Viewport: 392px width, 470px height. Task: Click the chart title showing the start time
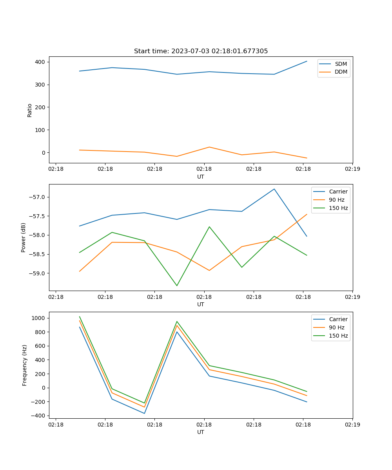[x=201, y=51]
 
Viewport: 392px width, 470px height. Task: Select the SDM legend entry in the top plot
[x=341, y=64]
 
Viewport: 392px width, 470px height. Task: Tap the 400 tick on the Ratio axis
[x=40, y=62]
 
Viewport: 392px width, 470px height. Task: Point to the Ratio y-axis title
[x=30, y=110]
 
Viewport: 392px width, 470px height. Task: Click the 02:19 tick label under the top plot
[x=352, y=169]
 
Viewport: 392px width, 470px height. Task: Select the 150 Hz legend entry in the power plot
[x=338, y=208]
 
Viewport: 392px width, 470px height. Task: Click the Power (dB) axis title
[x=24, y=237]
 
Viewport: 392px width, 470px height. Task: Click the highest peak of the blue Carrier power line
[x=274, y=189]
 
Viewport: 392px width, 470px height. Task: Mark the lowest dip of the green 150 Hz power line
[x=177, y=286]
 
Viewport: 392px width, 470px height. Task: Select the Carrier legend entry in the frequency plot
[x=338, y=319]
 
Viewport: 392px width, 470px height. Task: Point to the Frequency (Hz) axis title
[x=24, y=365]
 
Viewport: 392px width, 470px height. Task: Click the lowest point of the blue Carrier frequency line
[x=144, y=413]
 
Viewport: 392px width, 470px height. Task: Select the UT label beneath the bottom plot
[x=201, y=432]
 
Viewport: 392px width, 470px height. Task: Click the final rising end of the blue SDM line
[x=307, y=61]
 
